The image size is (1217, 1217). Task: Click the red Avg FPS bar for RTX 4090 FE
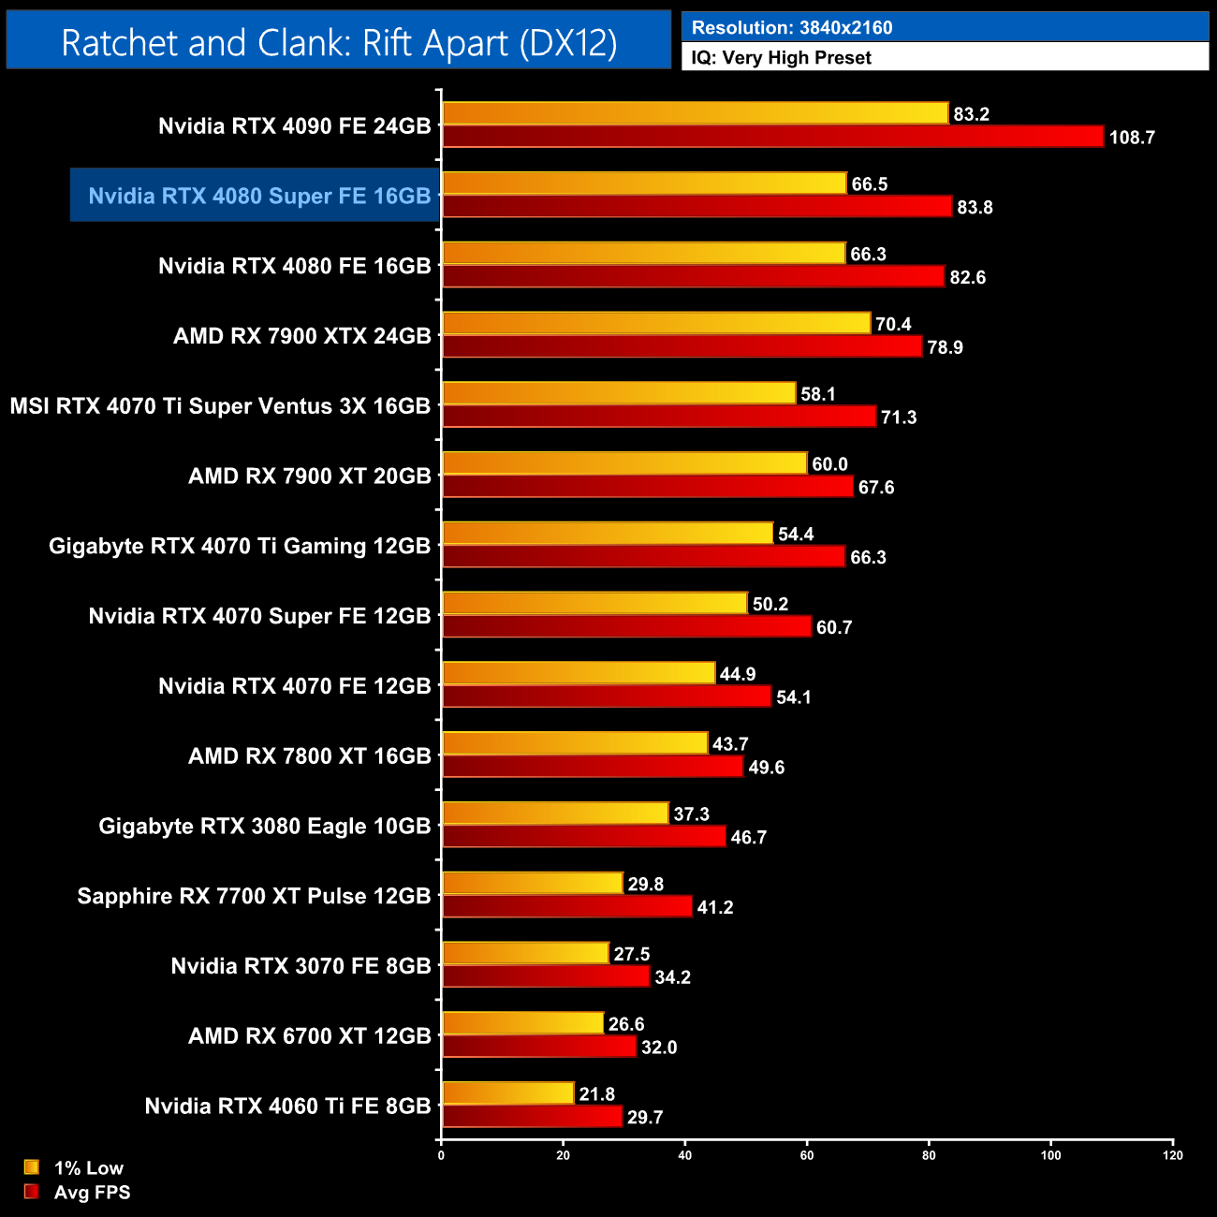[x=772, y=137]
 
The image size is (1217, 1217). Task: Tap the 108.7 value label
[x=1132, y=138]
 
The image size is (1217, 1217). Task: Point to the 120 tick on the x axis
[x=1173, y=1155]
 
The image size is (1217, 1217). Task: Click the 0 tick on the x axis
[x=441, y=1155]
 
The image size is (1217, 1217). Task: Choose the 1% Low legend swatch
[x=32, y=1167]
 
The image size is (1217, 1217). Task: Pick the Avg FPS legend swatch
[x=32, y=1192]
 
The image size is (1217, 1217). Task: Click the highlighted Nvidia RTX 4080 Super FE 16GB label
[x=259, y=196]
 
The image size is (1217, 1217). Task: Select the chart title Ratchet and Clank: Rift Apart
[x=339, y=42]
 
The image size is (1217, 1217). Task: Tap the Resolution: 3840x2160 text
[x=792, y=27]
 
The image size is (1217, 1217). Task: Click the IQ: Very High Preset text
[x=782, y=57]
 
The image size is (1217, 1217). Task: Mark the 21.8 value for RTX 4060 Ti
[x=597, y=1094]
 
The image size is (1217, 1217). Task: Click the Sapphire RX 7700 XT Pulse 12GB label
[x=254, y=896]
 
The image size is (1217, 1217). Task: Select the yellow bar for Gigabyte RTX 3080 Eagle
[x=555, y=814]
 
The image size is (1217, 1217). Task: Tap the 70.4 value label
[x=893, y=324]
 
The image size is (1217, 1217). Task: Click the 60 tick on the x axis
[x=807, y=1155]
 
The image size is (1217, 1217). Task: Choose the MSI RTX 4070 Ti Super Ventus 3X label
[x=220, y=406]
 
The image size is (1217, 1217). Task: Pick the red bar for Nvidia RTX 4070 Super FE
[x=625, y=626]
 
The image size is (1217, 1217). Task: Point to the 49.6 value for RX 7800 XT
[x=767, y=768]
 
